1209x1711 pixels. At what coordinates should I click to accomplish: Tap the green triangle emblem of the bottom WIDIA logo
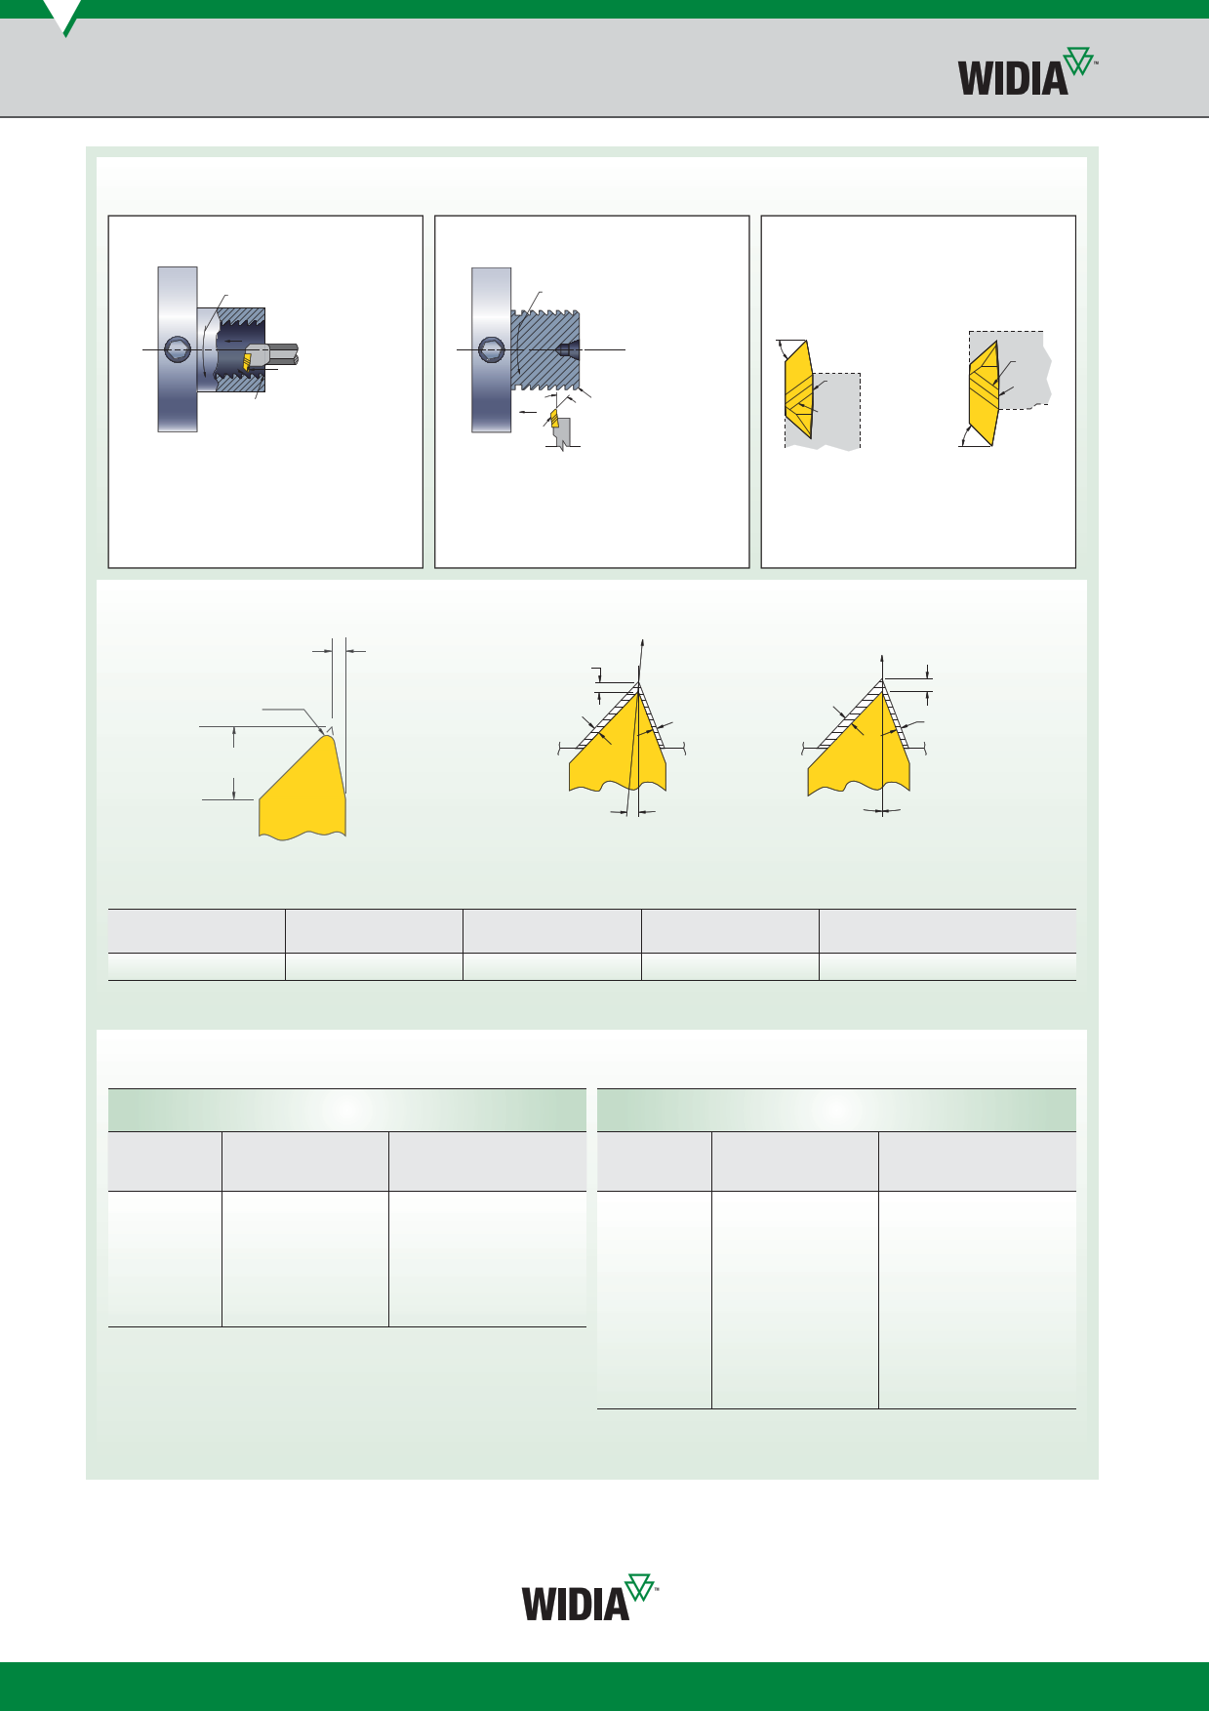click(x=639, y=1587)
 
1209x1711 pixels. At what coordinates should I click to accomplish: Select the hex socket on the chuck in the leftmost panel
click(x=178, y=349)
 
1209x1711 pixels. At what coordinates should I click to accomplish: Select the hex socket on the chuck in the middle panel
click(x=491, y=349)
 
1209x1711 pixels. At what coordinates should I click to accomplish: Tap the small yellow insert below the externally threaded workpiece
click(x=555, y=419)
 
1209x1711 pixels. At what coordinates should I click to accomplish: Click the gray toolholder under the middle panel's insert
click(x=562, y=433)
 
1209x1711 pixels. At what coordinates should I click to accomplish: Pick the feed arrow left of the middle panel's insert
click(x=527, y=413)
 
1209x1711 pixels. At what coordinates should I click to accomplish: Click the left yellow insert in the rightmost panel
click(x=799, y=389)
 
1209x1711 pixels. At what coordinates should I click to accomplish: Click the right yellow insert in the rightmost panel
click(x=984, y=393)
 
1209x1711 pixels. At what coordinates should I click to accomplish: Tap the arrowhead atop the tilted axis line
click(x=642, y=643)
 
